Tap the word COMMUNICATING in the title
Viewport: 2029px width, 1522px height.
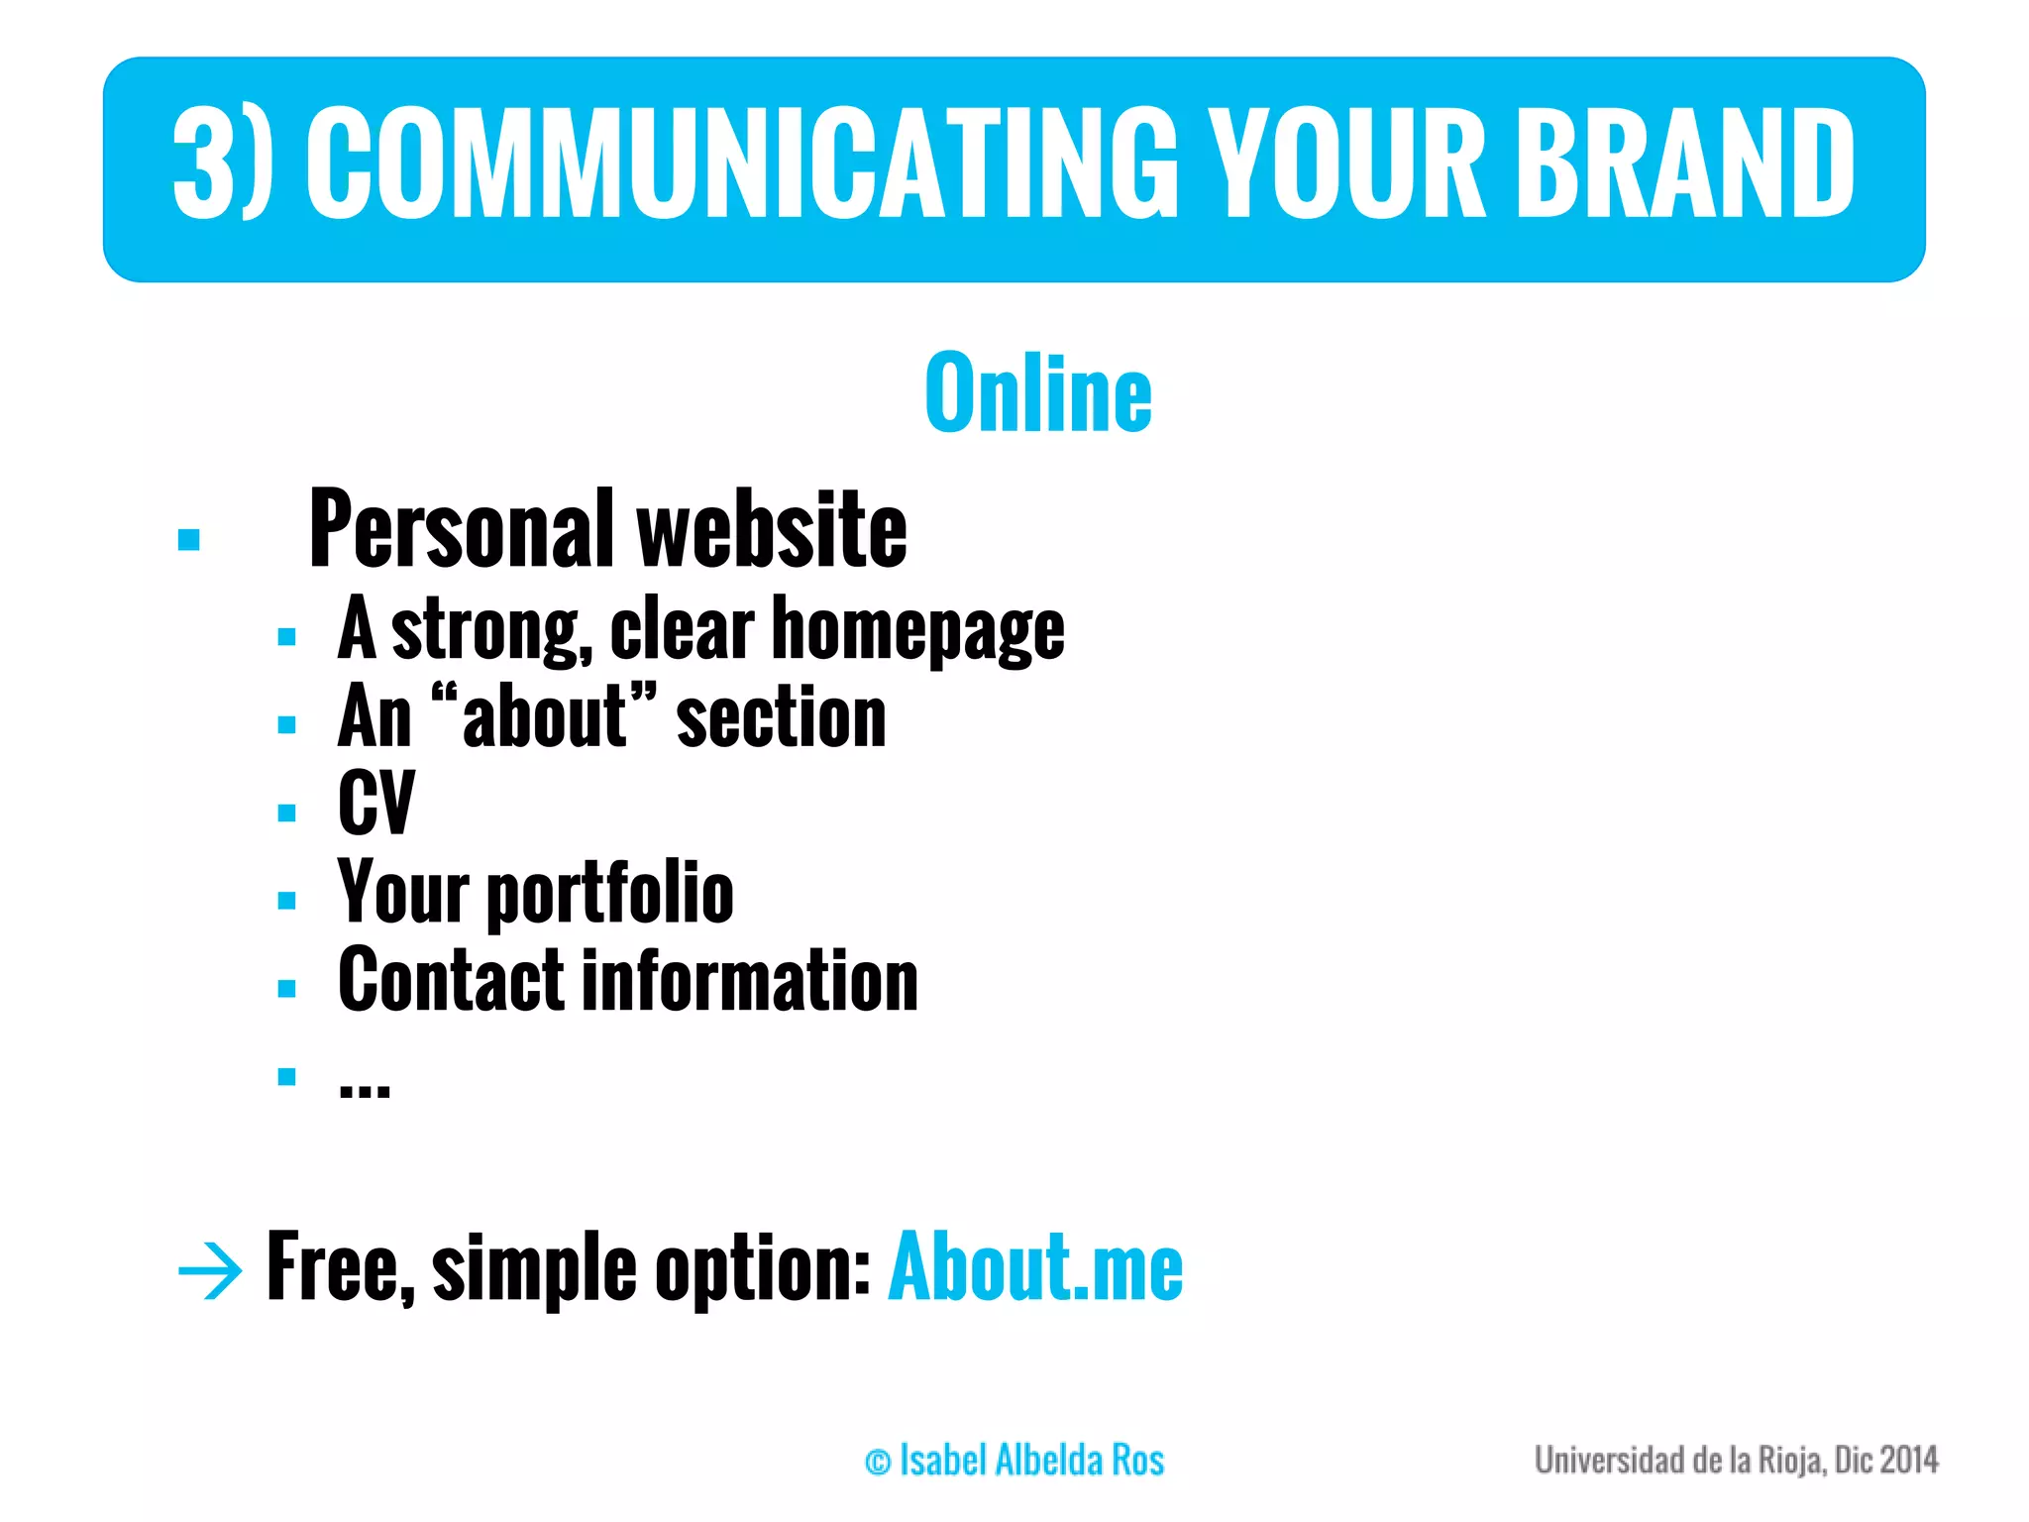tap(741, 163)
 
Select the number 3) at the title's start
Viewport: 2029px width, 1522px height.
tap(220, 163)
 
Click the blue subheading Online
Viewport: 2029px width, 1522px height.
tap(1038, 393)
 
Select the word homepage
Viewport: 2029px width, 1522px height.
tap(917, 631)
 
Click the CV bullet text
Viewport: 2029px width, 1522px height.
tap(375, 803)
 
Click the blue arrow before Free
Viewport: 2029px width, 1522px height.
tap(209, 1269)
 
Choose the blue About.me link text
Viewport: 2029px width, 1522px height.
tap(1035, 1267)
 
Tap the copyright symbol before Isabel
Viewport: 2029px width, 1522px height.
tap(878, 1463)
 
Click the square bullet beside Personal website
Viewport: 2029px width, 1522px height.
tap(189, 540)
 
